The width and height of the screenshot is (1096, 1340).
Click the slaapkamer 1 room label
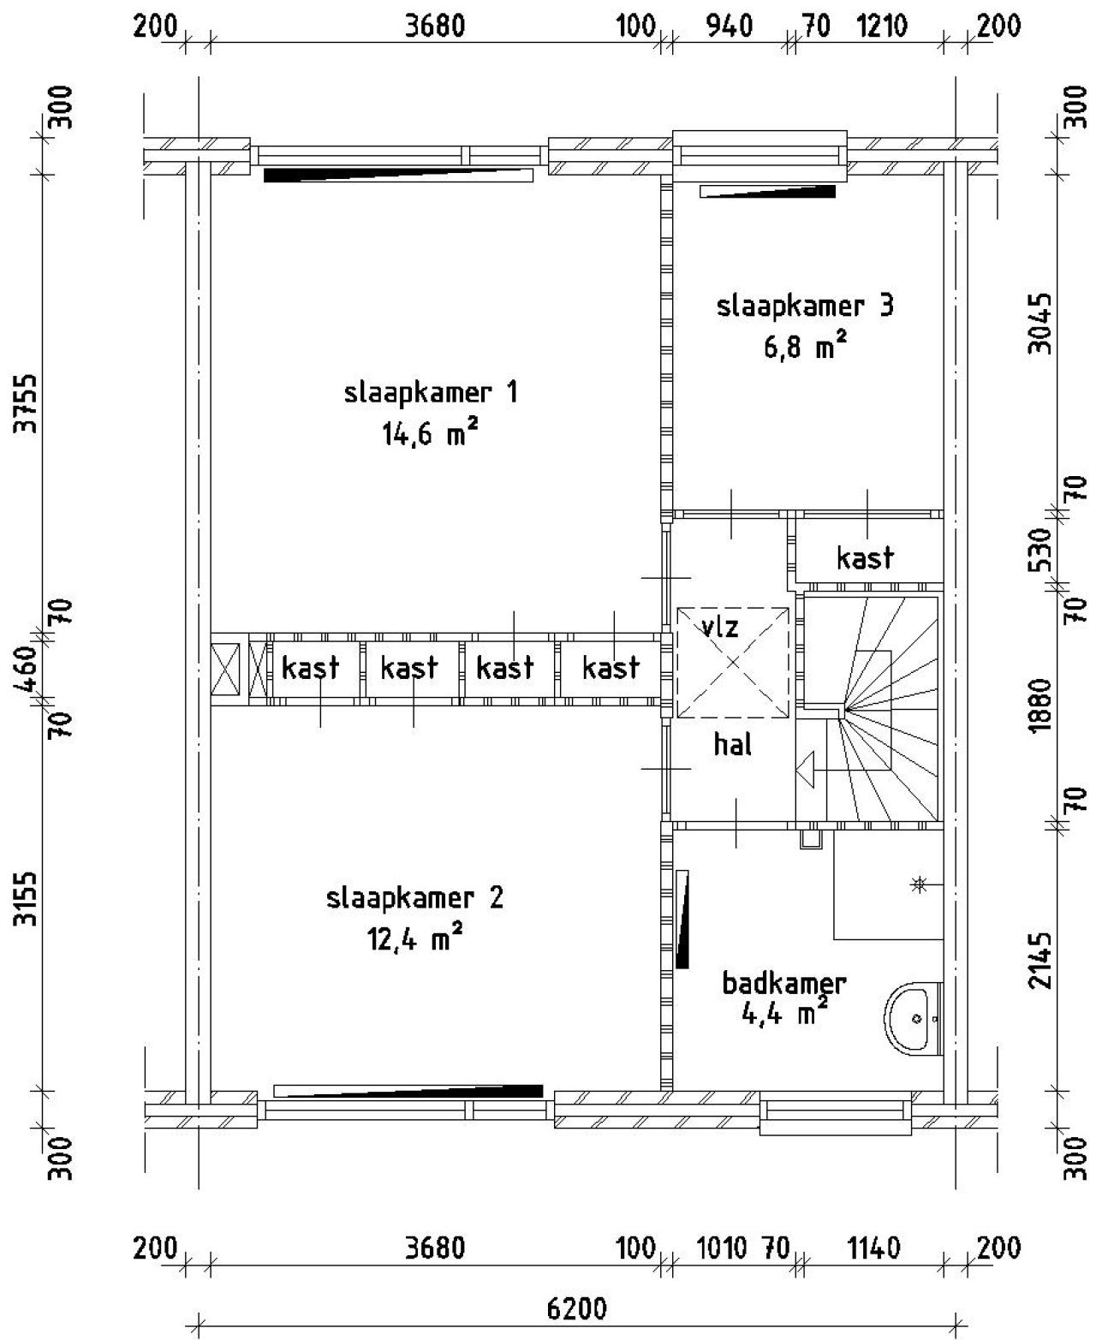point(431,393)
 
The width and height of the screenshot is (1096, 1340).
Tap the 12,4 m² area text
point(415,938)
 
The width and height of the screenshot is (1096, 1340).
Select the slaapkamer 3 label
point(805,306)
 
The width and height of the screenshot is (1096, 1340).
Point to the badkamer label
point(784,983)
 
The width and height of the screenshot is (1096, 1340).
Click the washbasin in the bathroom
point(913,1019)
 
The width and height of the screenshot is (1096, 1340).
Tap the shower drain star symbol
point(919,884)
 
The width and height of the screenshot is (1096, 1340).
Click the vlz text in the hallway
point(719,628)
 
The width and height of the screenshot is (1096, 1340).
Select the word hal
point(733,745)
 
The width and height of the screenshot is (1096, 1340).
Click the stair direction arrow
point(806,769)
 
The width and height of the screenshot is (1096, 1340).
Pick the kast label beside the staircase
point(865,558)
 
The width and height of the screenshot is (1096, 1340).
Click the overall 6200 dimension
point(576,1310)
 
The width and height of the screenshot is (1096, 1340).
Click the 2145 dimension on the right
point(1040,960)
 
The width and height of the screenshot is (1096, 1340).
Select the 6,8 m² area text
point(805,347)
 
